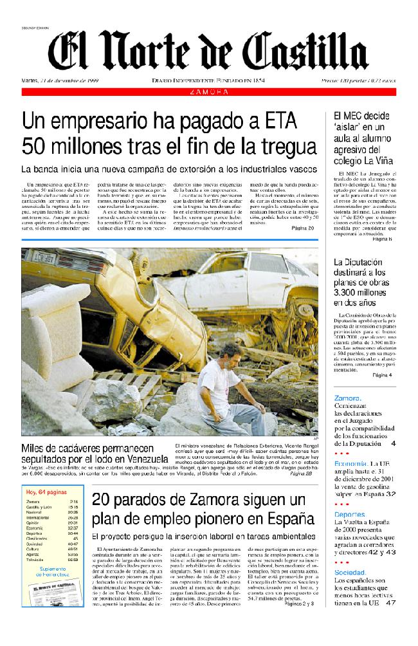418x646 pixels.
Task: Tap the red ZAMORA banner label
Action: coord(209,92)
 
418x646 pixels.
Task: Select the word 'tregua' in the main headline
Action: coord(280,145)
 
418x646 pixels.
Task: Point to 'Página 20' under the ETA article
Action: coord(303,228)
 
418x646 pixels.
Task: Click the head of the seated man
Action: coord(228,352)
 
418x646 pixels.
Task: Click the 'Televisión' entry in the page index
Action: coord(35,560)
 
